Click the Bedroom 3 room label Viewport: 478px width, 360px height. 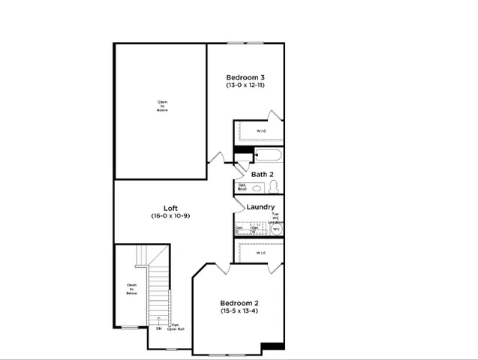pyautogui.click(x=245, y=77)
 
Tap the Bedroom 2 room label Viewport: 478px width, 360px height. pyautogui.click(x=239, y=302)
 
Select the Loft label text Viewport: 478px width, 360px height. pyautogui.click(x=171, y=208)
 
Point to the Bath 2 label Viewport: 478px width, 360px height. pyautogui.click(x=261, y=175)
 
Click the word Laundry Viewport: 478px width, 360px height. pyautogui.click(x=260, y=207)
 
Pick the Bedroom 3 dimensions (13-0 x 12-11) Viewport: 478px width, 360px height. pyautogui.click(x=245, y=85)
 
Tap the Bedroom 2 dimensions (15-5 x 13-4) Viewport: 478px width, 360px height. pyautogui.click(x=239, y=310)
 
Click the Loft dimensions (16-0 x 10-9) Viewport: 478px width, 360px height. pyautogui.click(x=171, y=216)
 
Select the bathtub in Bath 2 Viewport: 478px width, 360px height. pyautogui.click(x=268, y=156)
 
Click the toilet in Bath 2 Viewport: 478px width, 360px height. pyautogui.click(x=274, y=187)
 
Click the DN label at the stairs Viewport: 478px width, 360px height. pyautogui.click(x=159, y=328)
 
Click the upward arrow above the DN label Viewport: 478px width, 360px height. pyautogui.click(x=159, y=320)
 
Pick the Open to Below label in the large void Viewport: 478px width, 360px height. pyautogui.click(x=163, y=106)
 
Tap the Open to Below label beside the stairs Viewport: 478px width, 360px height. pyautogui.click(x=132, y=289)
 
